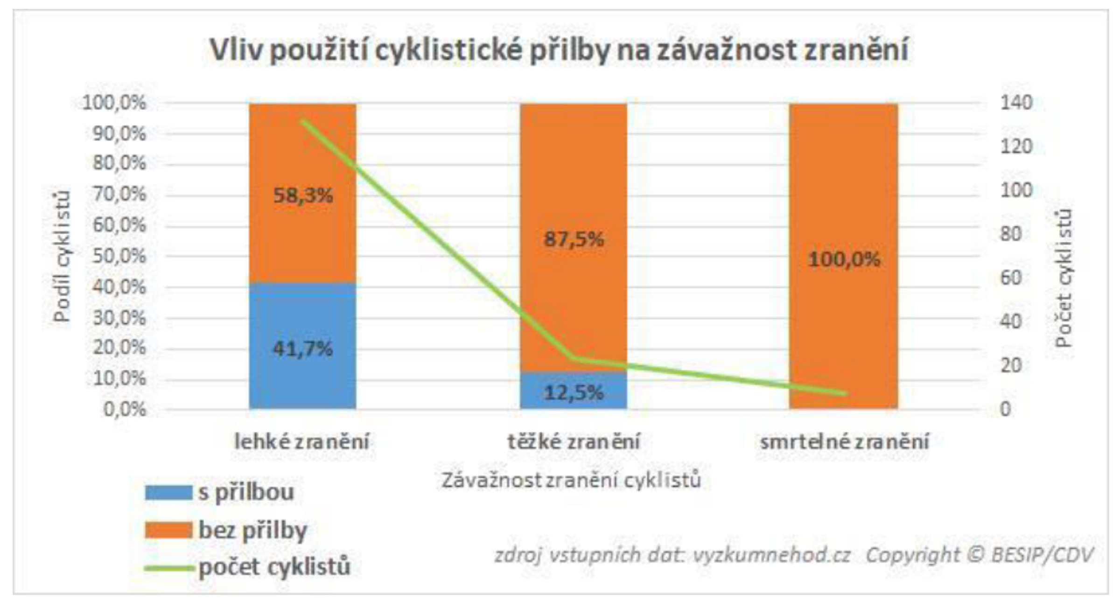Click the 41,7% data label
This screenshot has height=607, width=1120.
pos(302,349)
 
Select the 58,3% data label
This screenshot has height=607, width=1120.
pos(302,195)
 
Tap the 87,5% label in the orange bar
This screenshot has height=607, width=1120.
pos(574,239)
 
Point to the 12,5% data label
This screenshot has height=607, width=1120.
pos(574,393)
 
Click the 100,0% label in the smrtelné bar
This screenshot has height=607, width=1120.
pos(844,259)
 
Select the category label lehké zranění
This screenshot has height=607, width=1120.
pos(301,442)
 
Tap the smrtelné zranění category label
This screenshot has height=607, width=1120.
pos(845,442)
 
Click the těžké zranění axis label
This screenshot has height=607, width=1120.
pos(574,442)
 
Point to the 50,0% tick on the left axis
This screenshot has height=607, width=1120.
pos(119,256)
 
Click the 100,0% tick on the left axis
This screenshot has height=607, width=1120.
pos(114,103)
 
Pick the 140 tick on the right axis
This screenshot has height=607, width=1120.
pos(1016,103)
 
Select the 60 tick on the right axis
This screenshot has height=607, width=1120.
pos(1011,278)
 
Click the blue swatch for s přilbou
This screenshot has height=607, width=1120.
pos(168,493)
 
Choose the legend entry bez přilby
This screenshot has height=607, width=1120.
pos(252,530)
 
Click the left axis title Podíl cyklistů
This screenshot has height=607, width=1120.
pos(62,256)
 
